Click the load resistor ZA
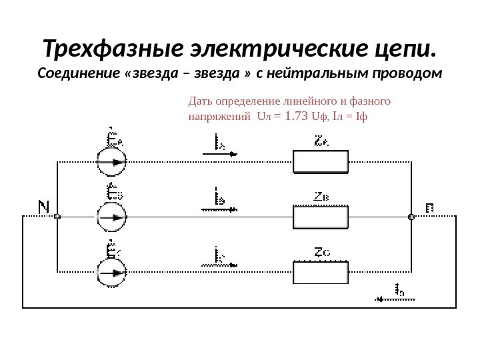tap(321, 161)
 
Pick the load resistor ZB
tap(321, 217)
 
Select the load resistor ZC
tap(321, 272)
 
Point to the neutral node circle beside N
tap(57, 217)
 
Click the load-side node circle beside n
tap(411, 217)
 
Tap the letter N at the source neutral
tap(43, 207)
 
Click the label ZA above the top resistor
tap(321, 141)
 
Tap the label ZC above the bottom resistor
tap(322, 252)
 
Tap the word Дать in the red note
tap(200, 102)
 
